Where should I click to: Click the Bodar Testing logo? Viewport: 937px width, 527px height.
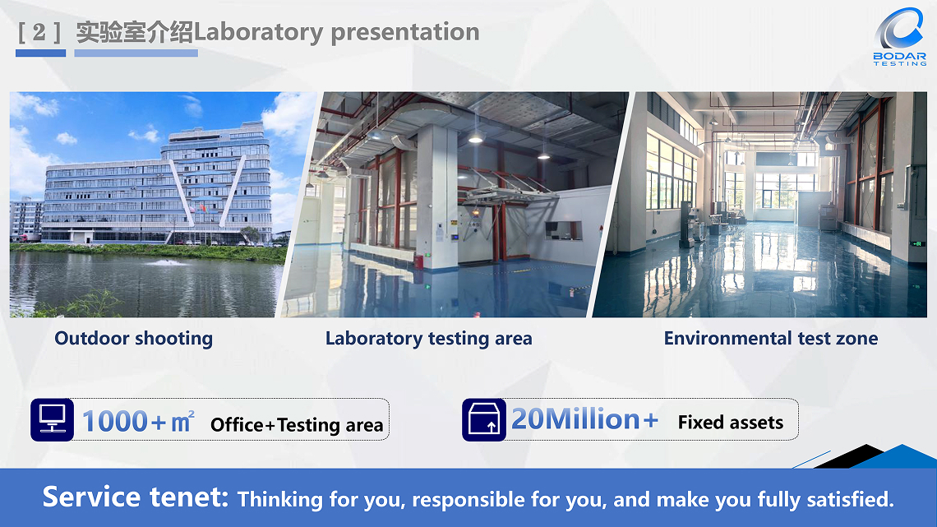point(900,36)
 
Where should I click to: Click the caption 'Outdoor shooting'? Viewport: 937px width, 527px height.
point(134,339)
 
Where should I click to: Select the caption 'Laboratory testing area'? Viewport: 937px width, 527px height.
point(428,339)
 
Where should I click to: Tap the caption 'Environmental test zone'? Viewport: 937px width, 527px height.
point(771,338)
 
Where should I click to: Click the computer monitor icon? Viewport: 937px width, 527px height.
point(53,419)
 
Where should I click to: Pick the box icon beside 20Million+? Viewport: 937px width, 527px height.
point(484,419)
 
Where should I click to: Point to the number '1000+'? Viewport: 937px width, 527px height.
point(124,421)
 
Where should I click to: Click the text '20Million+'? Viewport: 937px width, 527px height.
point(585,418)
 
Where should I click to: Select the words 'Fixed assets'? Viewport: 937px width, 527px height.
point(730,423)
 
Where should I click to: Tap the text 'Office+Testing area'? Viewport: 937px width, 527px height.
point(297,425)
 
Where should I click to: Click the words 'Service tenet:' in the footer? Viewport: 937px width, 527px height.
point(136,497)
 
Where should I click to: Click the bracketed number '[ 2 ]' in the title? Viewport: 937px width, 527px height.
point(39,32)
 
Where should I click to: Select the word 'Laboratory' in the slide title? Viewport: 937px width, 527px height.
point(258,33)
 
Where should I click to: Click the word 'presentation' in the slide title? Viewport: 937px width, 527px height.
point(405,33)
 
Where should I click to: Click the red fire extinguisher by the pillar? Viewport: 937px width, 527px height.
point(418,261)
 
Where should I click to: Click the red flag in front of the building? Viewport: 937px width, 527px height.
point(203,209)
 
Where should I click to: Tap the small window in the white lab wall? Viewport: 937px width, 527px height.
point(564,230)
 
